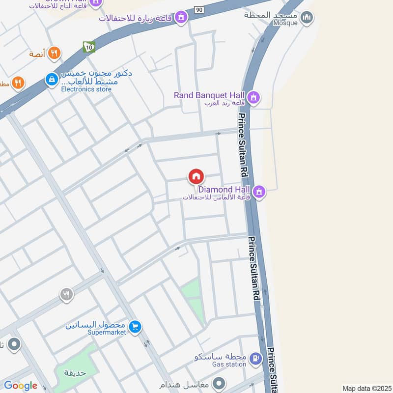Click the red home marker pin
pos(196,176)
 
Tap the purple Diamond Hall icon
pos(259,191)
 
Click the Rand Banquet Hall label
pos(210,95)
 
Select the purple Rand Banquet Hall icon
pos(253,96)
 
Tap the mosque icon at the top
pos(307,18)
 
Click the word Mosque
pos(285,23)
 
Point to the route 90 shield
pos(198,9)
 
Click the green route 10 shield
pos(88,47)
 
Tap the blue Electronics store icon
pos(51,79)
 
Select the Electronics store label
pos(86,89)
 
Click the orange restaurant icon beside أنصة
pos(55,53)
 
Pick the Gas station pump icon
pos(254,359)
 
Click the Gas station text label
pos(229,365)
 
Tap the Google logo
pos(20,386)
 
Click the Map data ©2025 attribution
pos(366,388)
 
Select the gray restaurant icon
pos(66,294)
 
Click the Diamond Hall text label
pos(224,189)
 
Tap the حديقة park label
pos(75,372)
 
